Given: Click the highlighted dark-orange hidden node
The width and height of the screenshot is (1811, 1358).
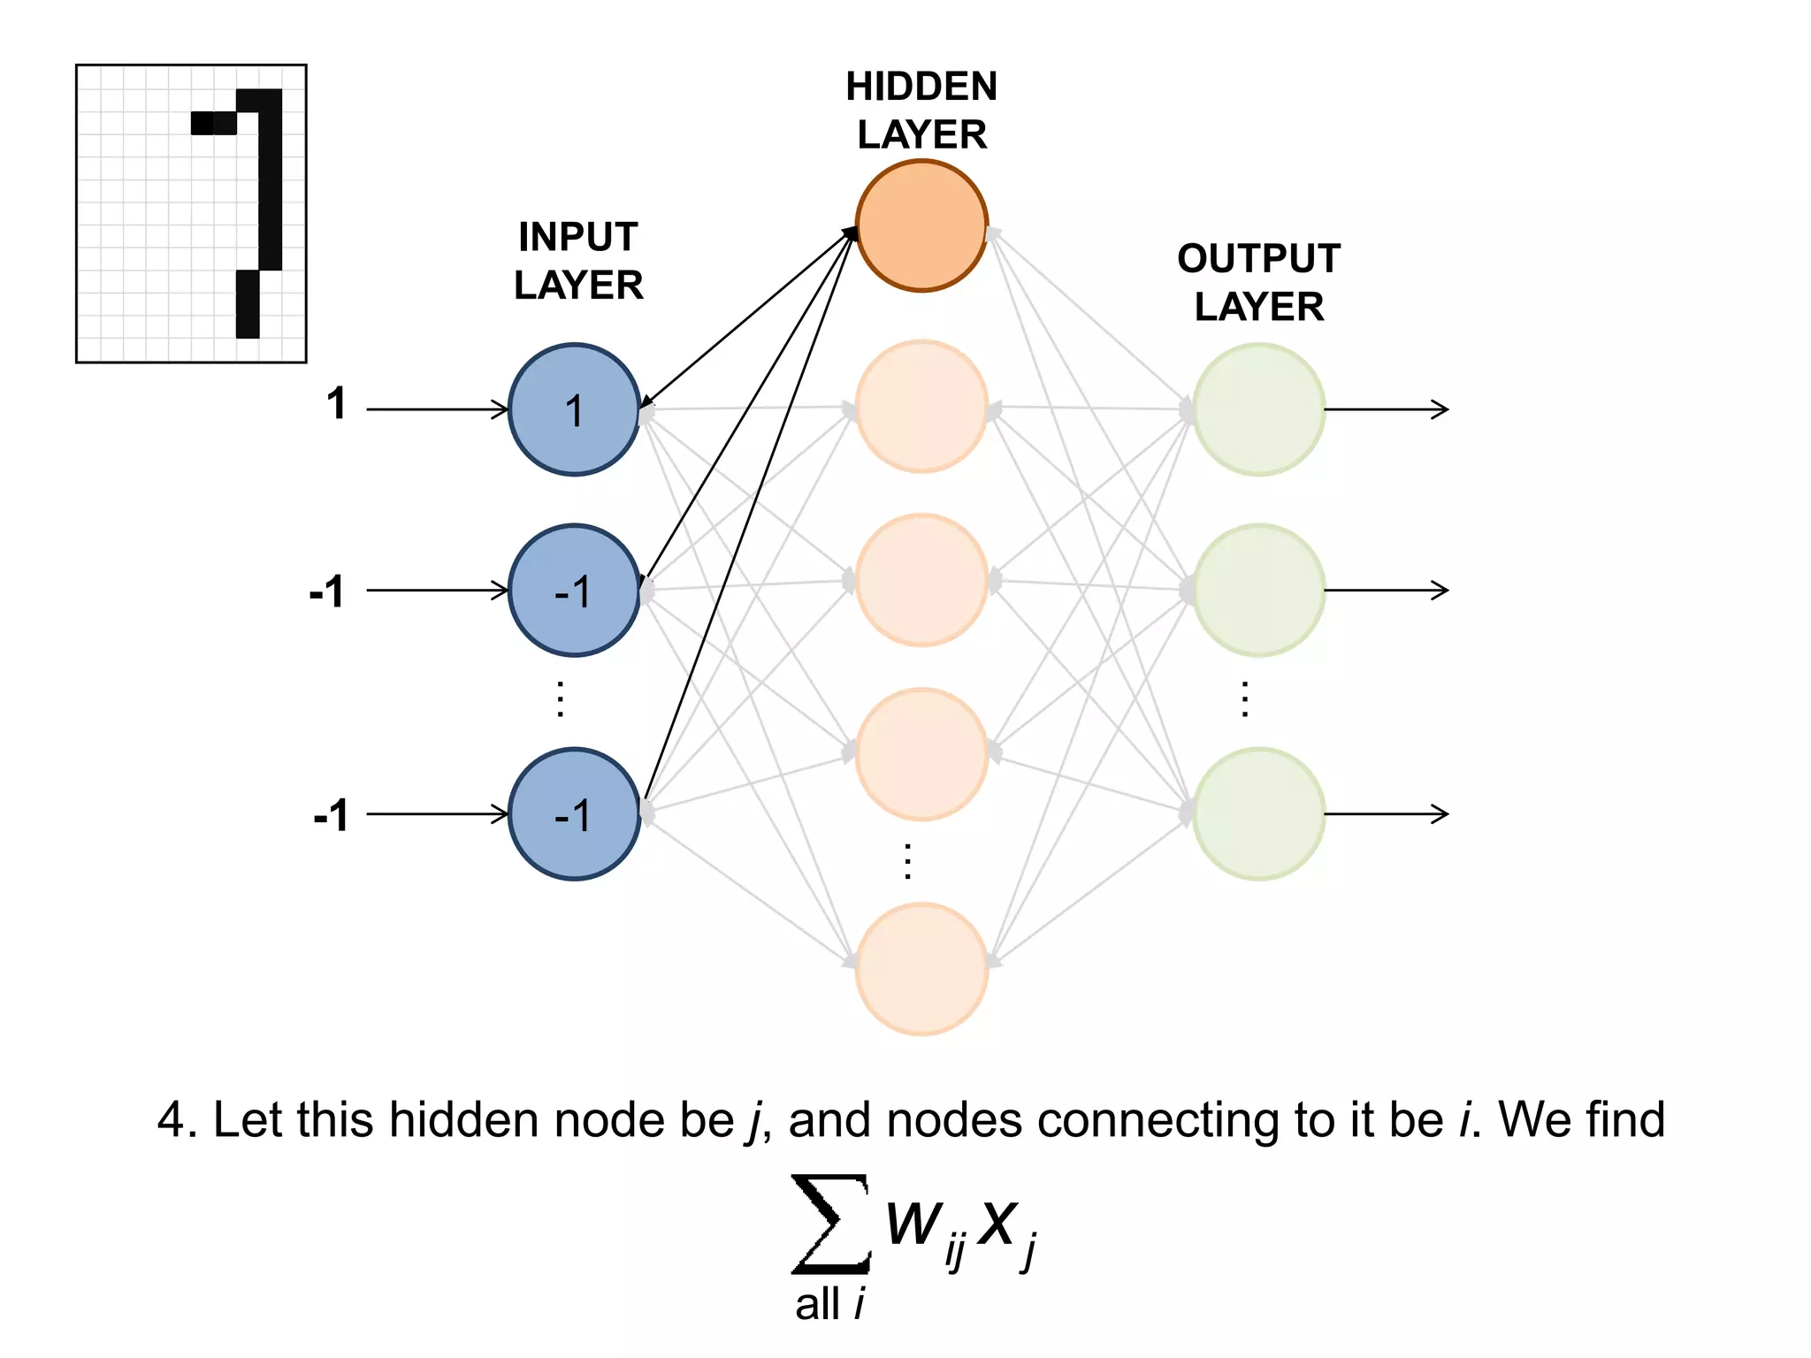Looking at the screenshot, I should tap(921, 225).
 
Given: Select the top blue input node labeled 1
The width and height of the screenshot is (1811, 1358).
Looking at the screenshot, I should tap(574, 409).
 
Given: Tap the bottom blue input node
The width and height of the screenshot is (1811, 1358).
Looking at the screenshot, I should tap(574, 813).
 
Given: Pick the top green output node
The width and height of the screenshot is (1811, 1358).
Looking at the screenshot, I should tap(1258, 409).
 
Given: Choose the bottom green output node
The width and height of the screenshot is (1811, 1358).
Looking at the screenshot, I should tap(1258, 813).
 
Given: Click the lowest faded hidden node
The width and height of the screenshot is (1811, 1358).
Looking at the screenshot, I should tap(921, 968).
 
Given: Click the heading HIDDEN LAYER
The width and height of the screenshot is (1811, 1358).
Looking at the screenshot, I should tap(921, 111).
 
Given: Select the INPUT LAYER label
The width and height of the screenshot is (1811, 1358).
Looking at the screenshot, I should tap(578, 261).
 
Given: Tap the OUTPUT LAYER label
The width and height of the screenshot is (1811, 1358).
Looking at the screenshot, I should tap(1258, 282).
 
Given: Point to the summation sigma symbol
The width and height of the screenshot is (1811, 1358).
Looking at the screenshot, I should tap(829, 1223).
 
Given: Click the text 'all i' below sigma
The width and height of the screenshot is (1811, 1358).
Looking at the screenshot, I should tap(829, 1304).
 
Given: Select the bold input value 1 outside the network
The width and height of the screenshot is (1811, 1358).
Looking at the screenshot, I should tap(336, 404).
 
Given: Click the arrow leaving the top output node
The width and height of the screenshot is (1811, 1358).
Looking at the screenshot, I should tap(1386, 409).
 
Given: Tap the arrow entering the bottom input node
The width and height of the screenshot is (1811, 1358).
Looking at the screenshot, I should tap(438, 813).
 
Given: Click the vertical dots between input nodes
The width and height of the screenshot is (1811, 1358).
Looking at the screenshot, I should tap(560, 699).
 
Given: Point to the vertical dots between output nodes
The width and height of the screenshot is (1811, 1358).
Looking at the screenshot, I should tap(1245, 699).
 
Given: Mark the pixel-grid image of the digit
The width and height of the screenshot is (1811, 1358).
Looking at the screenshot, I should tap(191, 213).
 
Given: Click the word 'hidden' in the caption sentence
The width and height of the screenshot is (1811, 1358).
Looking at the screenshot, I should tap(464, 1119).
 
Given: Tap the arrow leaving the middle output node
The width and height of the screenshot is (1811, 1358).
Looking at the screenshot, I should tap(1386, 590).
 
